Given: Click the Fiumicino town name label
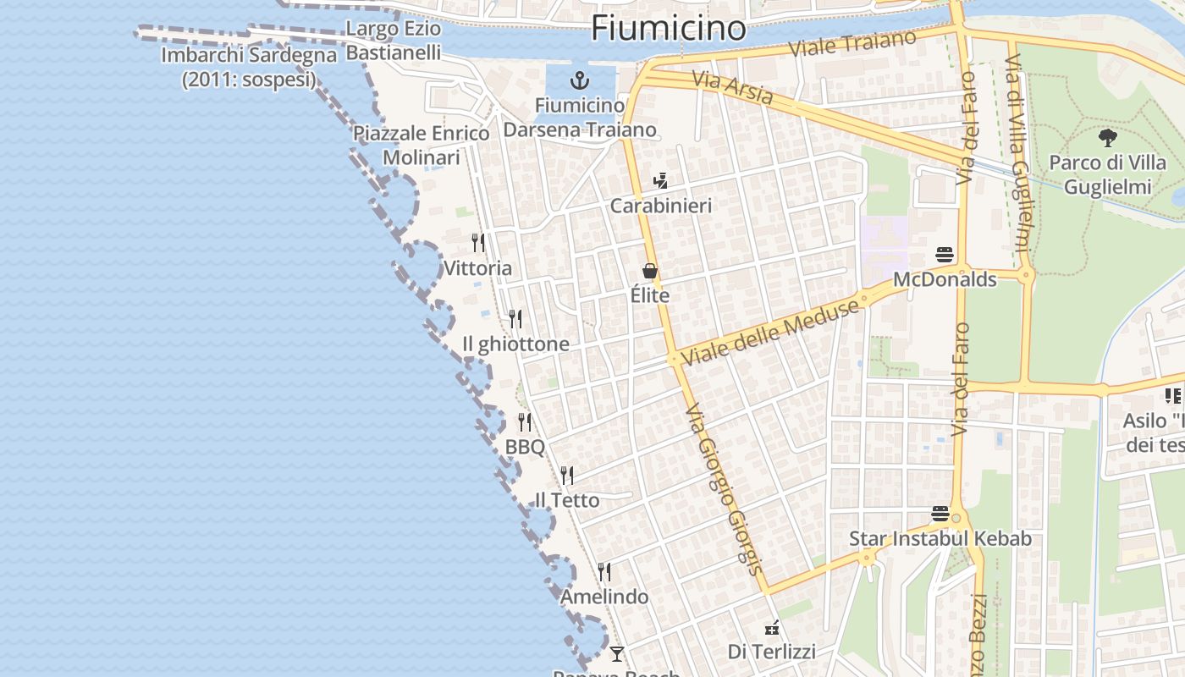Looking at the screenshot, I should tap(668, 28).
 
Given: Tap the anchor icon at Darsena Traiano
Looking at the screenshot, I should tap(580, 81).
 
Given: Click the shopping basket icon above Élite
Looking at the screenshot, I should tap(650, 271).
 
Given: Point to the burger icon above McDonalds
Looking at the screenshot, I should tap(945, 254).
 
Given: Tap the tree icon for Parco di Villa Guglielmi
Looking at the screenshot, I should tap(1107, 138).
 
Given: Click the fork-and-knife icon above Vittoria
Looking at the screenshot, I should tap(478, 243).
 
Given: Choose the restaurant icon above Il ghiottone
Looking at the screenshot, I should tap(515, 319).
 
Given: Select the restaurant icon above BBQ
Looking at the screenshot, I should tap(525, 421).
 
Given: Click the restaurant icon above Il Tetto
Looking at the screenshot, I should tap(566, 475).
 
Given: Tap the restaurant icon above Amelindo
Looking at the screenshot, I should tap(604, 572).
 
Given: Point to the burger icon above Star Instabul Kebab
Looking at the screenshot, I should tap(940, 514).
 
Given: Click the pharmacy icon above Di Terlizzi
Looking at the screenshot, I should tap(771, 627).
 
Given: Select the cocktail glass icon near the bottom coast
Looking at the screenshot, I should tap(617, 653).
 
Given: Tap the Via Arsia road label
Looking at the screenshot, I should tap(732, 88).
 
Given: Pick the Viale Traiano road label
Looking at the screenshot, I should tap(852, 43).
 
